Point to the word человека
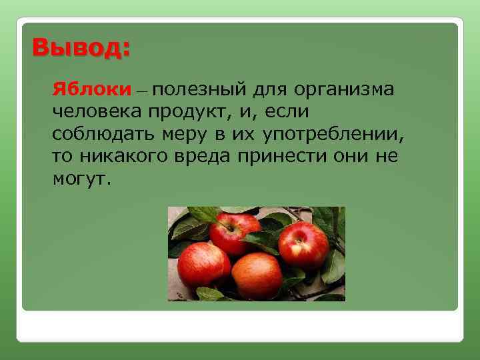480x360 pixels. pyautogui.click(x=97, y=111)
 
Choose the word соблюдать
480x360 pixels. pyautogui.click(x=104, y=133)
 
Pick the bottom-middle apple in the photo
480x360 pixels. pyautogui.click(x=257, y=274)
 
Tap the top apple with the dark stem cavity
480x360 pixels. pyautogui.click(x=234, y=233)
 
